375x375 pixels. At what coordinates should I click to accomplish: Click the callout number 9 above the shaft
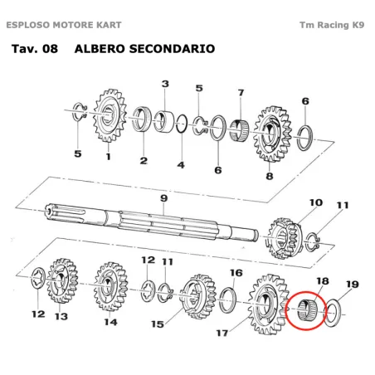(x=164, y=198)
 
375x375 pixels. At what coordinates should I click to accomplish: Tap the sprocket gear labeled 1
(x=110, y=115)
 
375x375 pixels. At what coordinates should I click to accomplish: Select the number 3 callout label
(x=165, y=84)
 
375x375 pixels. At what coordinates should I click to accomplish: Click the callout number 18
(x=323, y=281)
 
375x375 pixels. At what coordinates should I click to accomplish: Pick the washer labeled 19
(x=332, y=313)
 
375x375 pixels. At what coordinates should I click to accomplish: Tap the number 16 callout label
(x=236, y=273)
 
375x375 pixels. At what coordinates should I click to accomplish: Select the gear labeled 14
(x=110, y=287)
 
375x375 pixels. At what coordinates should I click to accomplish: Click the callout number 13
(x=61, y=316)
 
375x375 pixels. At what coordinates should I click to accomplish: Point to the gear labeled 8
(x=272, y=134)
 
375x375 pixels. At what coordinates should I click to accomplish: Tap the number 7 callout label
(x=241, y=92)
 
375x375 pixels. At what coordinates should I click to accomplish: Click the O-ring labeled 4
(x=182, y=124)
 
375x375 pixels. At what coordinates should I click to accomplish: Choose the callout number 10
(x=316, y=202)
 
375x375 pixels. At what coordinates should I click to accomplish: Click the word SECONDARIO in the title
(x=172, y=49)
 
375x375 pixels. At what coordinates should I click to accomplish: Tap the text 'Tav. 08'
(x=35, y=49)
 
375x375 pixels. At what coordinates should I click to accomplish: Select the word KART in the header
(x=109, y=25)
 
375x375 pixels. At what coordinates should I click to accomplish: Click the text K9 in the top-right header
(x=358, y=25)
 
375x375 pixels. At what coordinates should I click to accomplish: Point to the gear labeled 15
(x=197, y=297)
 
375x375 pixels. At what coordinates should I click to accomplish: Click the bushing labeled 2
(x=142, y=119)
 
